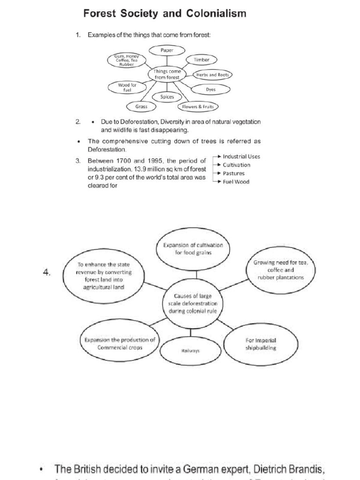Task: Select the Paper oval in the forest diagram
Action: point(167,49)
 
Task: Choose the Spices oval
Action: point(167,97)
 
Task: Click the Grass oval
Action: point(142,106)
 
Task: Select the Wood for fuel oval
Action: point(127,87)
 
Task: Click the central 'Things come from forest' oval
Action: point(167,74)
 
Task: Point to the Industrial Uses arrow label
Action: point(241,157)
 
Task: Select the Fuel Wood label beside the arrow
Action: point(236,182)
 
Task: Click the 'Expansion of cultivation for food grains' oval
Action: point(193,248)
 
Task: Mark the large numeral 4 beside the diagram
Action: point(46,273)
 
